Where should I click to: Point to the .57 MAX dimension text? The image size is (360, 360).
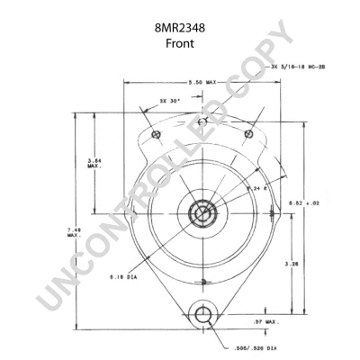coord(266,319)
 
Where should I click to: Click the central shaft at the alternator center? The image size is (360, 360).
coord(203,217)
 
